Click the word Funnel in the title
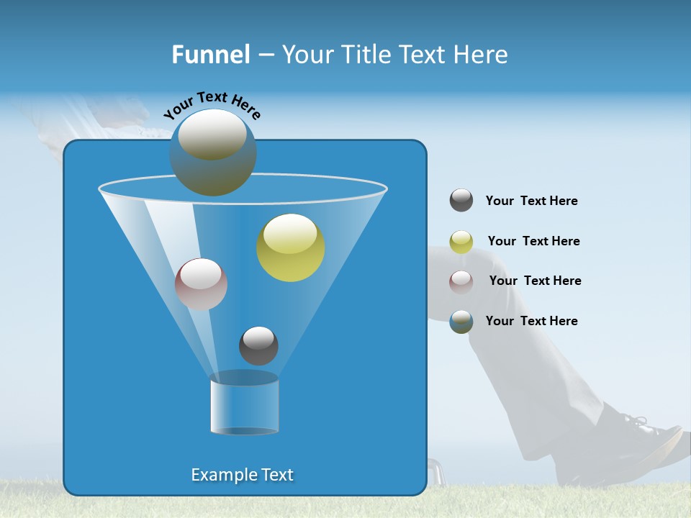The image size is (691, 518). (210, 55)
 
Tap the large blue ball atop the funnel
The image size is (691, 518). (213, 153)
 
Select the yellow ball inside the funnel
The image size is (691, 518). (291, 247)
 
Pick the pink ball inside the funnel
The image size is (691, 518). (201, 284)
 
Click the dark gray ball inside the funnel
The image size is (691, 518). (258, 345)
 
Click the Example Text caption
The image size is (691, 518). (243, 475)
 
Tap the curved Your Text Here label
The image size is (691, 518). (212, 105)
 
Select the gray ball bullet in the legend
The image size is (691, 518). (461, 201)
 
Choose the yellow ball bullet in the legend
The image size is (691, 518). (461, 242)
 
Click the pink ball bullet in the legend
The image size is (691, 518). (461, 281)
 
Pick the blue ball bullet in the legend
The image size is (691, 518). (461, 322)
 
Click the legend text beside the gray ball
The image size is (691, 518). (531, 201)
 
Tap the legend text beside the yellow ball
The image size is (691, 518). (533, 242)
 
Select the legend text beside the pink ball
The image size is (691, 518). (535, 281)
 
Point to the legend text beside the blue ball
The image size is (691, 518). (531, 322)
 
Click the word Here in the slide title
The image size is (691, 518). (482, 55)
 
